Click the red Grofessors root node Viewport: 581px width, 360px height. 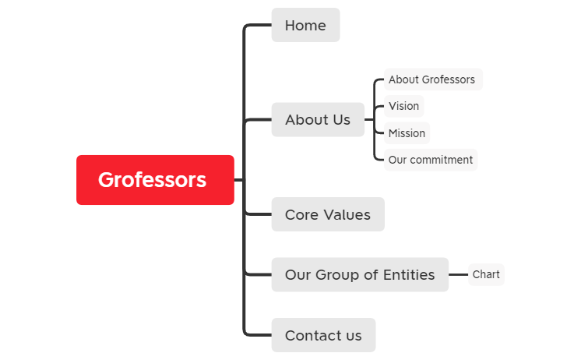pos(155,180)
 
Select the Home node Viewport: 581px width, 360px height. pos(306,25)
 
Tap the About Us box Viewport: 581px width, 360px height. pos(318,119)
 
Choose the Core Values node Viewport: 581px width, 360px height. pos(328,214)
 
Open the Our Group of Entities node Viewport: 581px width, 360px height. pos(360,275)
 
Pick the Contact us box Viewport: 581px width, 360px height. pos(323,335)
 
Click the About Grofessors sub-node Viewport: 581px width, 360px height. pos(433,79)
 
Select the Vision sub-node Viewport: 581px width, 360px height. pos(404,106)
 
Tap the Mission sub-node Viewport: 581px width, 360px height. pos(407,133)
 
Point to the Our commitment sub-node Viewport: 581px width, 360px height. pos(431,160)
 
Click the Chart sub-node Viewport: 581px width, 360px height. pos(486,275)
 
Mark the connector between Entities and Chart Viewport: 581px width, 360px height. pos(459,275)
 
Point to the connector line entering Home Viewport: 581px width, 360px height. pos(258,25)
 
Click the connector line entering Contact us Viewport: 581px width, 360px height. pos(258,335)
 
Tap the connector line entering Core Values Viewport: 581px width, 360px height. pos(259,214)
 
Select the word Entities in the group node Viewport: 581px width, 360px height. pos(409,275)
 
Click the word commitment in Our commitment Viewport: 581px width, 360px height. pos(441,160)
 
